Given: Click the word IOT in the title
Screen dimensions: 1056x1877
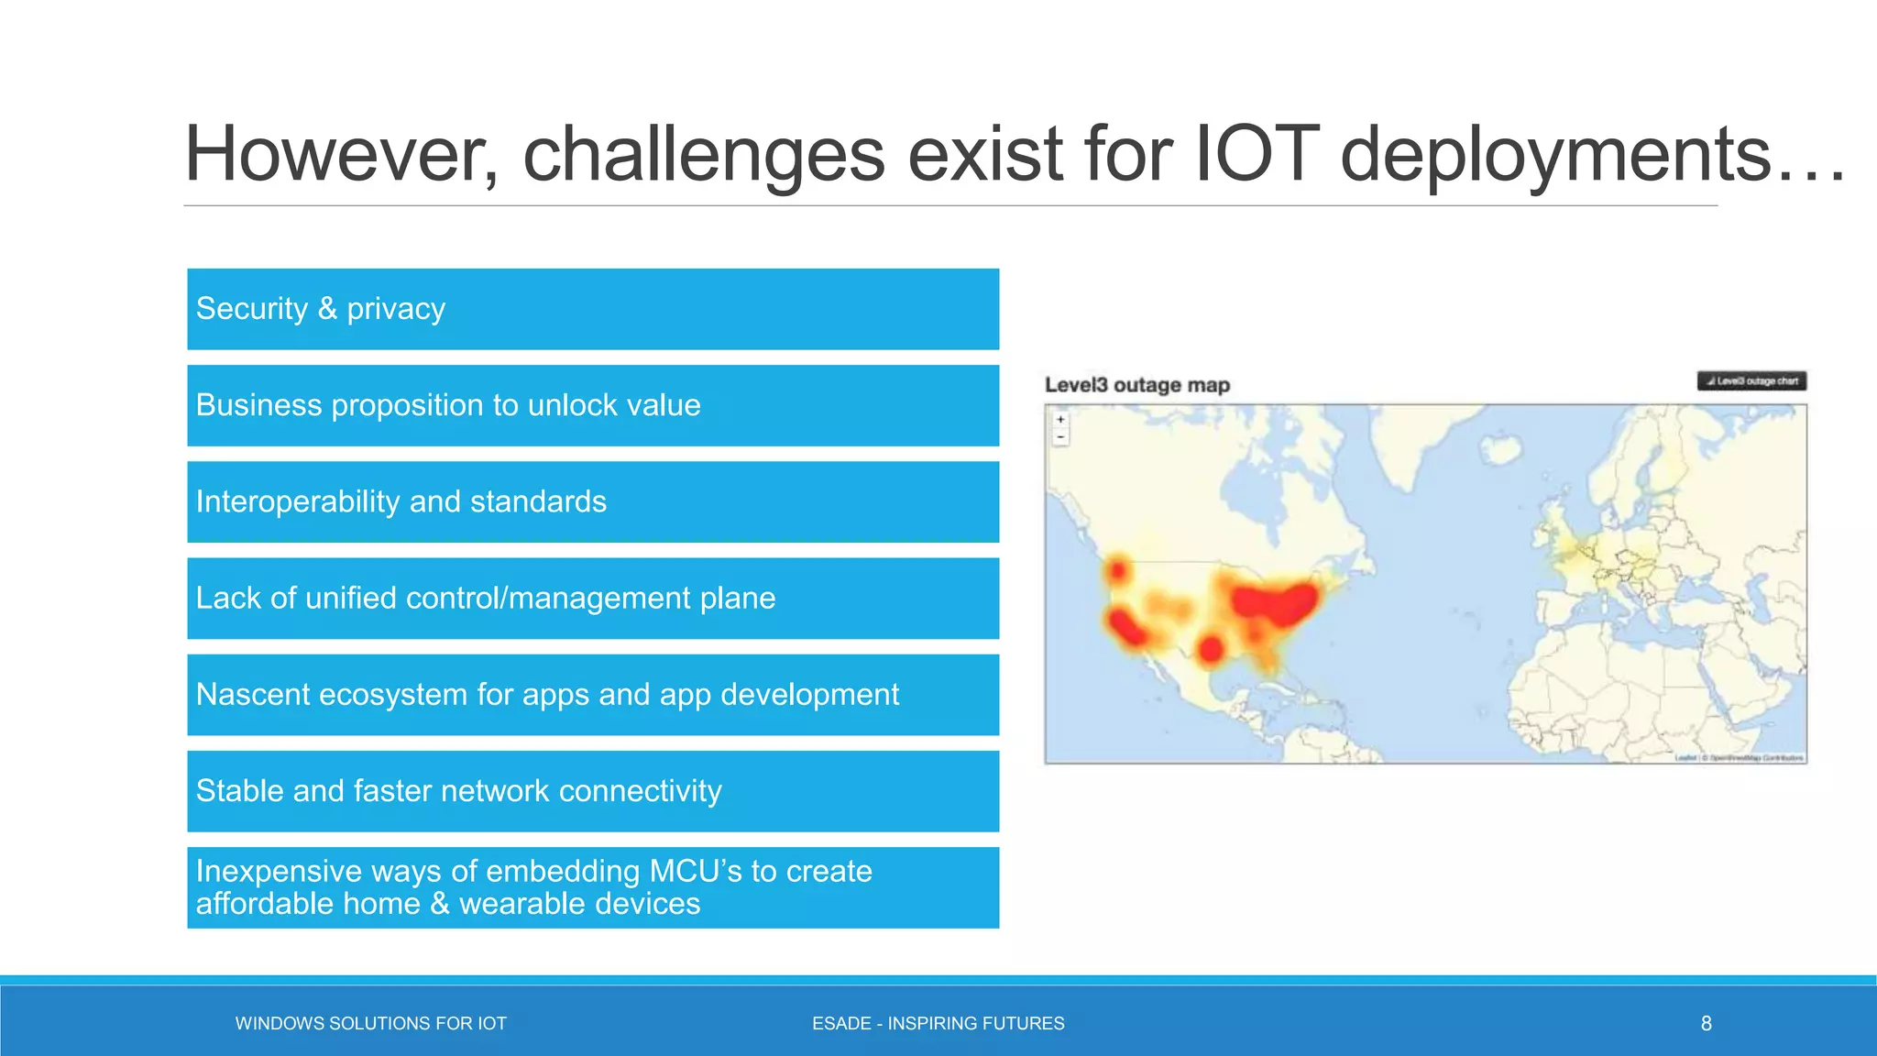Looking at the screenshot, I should (1257, 154).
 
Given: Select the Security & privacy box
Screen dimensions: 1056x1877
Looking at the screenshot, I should (593, 309).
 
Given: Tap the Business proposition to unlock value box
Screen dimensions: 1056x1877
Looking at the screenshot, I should (593, 405).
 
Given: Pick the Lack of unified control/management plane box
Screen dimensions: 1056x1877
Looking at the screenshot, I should (593, 599).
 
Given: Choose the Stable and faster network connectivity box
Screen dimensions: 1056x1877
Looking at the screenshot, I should (593, 791).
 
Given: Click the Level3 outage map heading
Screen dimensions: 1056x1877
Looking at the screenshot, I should (1136, 385).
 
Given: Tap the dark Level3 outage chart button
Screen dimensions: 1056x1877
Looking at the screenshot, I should (1751, 380).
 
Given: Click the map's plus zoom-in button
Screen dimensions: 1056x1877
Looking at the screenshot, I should (1060, 420).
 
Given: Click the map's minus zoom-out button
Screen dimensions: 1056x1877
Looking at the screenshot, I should (1060, 437).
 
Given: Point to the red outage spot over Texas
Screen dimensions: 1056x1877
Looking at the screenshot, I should (1211, 650).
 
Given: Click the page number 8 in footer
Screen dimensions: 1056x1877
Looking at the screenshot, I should (1706, 1023).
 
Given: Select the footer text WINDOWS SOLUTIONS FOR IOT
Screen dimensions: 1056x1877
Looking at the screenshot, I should (370, 1023).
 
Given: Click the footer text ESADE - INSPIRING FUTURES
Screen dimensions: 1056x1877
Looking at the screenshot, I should (938, 1023).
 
